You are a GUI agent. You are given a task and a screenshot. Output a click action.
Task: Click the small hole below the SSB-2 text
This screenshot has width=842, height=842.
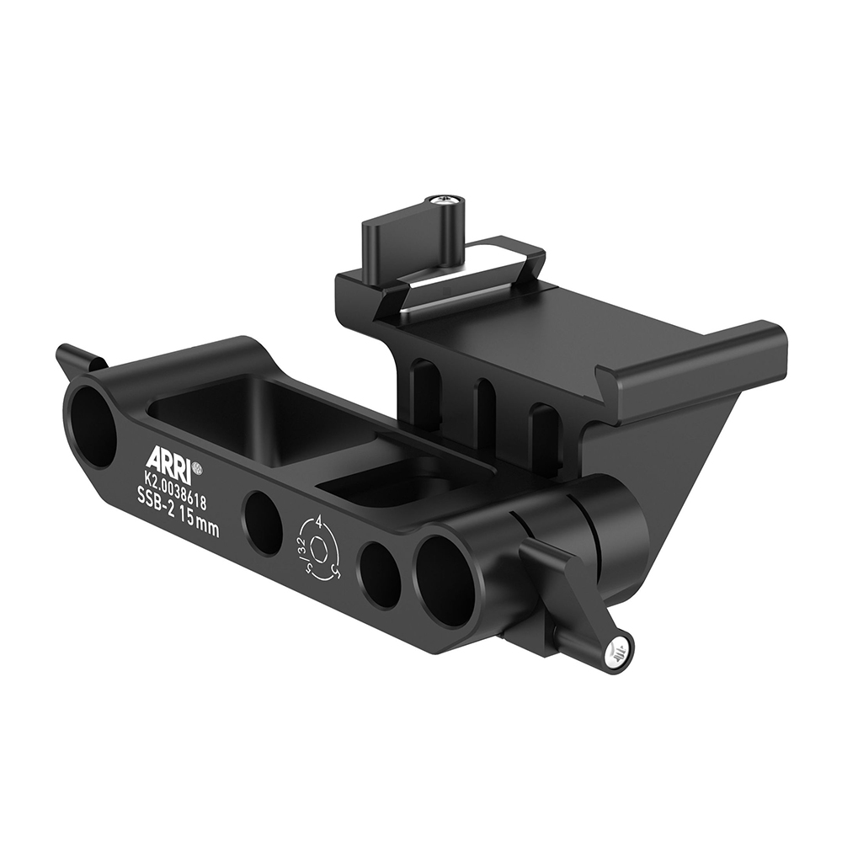[x=262, y=523]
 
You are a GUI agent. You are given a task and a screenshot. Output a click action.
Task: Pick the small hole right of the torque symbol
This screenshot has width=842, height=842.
[x=379, y=575]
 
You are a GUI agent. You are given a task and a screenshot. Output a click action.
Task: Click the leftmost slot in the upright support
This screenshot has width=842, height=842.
[x=426, y=392]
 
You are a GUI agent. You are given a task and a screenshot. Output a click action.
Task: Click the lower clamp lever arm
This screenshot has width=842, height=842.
[x=573, y=598]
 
